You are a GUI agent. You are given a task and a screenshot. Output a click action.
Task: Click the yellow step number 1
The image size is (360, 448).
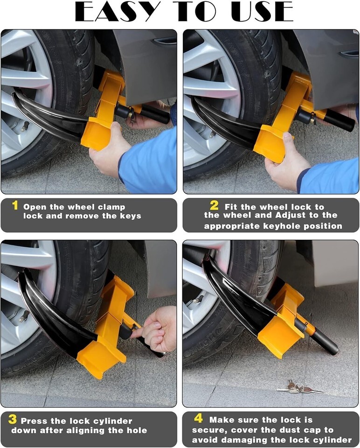[x=15, y=205]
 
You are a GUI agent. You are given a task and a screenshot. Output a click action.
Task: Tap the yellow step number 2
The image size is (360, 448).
[x=214, y=205]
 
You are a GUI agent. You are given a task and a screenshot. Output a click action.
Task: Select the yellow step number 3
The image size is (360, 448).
[x=13, y=420]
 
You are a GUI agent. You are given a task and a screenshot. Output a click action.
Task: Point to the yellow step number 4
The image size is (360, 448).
[x=198, y=419]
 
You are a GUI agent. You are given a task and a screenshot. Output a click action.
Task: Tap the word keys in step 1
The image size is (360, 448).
[x=131, y=216]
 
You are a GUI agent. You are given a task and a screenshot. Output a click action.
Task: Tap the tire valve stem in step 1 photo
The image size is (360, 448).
[x=25, y=126]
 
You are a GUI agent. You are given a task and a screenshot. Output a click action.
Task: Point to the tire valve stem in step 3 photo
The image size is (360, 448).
[x=24, y=316]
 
